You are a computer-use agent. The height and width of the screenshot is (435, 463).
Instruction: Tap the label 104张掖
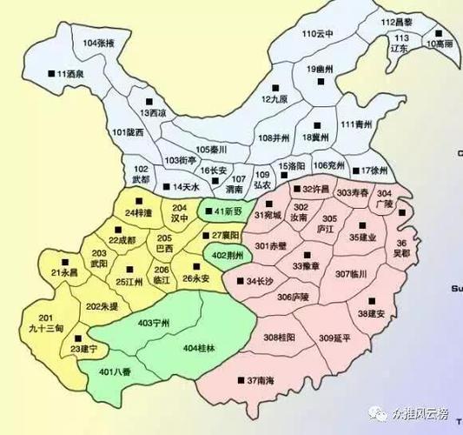click(102, 43)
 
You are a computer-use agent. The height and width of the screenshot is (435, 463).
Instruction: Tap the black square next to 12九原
click(275, 86)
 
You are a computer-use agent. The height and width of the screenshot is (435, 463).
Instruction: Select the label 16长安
click(214, 171)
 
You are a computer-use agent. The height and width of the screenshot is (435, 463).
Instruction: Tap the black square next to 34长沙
click(240, 282)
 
